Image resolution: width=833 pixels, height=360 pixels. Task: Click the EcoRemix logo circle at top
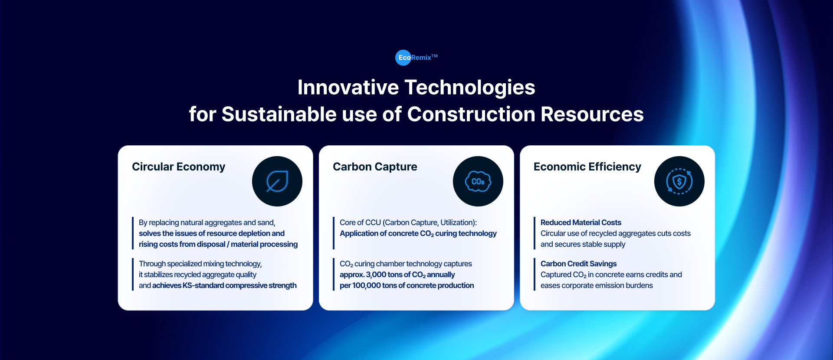click(x=403, y=58)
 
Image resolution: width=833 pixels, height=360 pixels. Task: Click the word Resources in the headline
click(x=592, y=115)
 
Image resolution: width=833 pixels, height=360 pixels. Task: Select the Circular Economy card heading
click(x=179, y=167)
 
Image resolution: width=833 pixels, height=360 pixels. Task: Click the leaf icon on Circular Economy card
click(x=277, y=181)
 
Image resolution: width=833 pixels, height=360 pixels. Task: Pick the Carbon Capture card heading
click(x=375, y=167)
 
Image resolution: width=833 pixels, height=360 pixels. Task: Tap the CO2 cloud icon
click(x=478, y=181)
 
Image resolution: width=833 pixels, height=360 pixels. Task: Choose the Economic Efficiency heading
click(x=587, y=167)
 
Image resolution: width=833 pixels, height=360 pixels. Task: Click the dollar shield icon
click(x=679, y=181)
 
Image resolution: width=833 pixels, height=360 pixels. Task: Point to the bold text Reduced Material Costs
click(x=581, y=223)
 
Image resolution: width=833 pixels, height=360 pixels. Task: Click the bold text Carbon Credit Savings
click(x=578, y=264)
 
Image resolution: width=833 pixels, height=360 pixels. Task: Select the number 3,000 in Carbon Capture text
click(x=376, y=275)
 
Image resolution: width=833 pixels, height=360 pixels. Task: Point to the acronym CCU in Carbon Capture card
click(x=373, y=223)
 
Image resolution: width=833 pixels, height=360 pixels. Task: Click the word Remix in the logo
click(x=421, y=58)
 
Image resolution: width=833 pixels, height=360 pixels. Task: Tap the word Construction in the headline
click(x=471, y=115)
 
